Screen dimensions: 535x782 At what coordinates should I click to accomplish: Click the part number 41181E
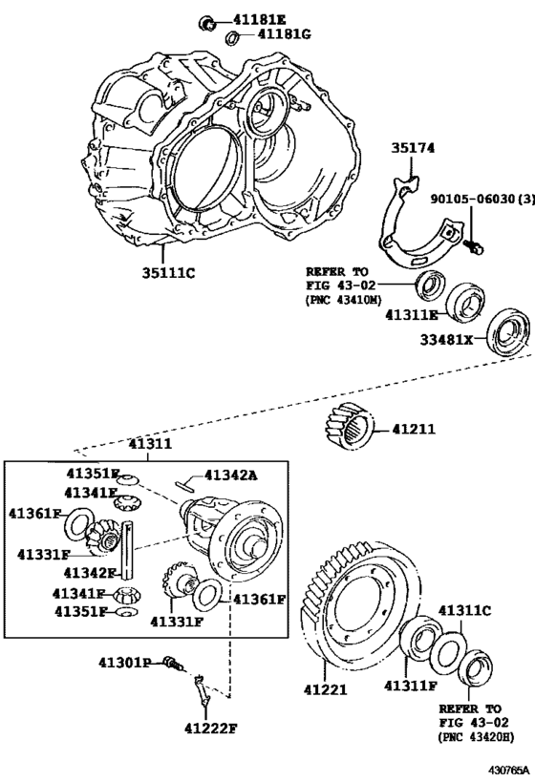tap(260, 19)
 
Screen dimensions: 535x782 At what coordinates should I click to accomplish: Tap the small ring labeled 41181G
tap(231, 37)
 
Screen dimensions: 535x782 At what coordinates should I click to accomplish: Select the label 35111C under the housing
tap(168, 273)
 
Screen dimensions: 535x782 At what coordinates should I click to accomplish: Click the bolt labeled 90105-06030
tap(472, 246)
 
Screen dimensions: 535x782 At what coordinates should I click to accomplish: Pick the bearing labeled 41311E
tap(465, 302)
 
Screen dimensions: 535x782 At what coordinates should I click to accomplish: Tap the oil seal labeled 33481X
tap(508, 332)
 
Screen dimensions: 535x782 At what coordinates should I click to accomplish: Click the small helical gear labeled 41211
tap(348, 427)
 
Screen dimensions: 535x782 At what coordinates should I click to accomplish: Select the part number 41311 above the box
tap(150, 443)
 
